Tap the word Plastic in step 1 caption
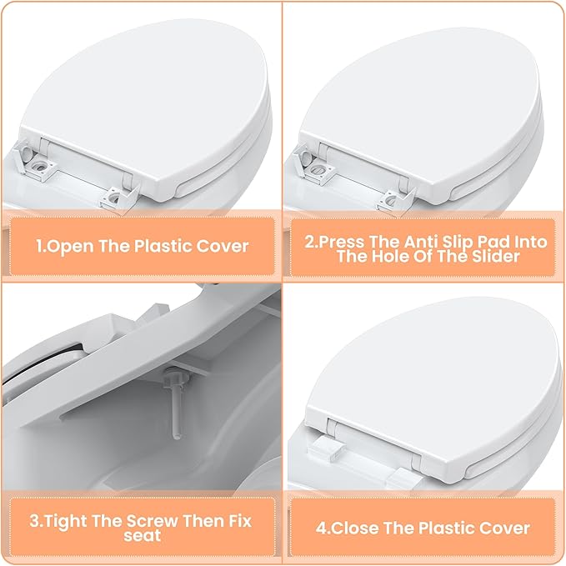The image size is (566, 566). [x=161, y=247]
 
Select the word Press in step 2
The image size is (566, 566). [x=341, y=242]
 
